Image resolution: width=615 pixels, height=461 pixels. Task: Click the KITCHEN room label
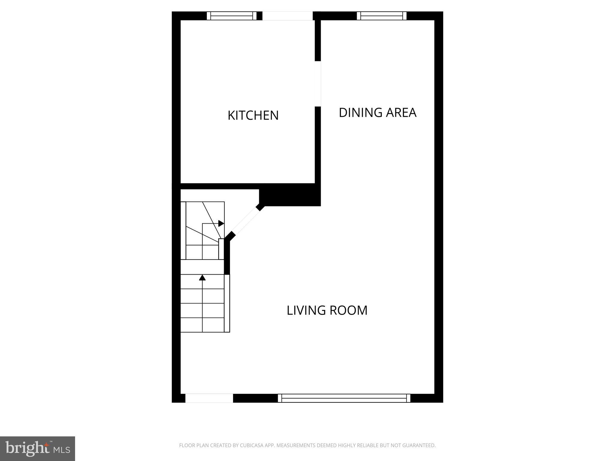tap(253, 116)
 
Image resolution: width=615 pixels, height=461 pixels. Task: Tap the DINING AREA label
tap(377, 113)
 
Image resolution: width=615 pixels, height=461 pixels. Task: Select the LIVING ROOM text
tap(327, 310)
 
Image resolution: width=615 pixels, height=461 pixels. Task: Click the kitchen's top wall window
tap(232, 16)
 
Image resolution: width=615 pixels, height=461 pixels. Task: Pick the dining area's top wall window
tap(381, 16)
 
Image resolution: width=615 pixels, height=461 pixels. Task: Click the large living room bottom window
tap(344, 398)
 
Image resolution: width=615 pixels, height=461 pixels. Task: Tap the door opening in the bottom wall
tap(209, 398)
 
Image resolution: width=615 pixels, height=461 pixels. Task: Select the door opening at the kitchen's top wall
tap(287, 16)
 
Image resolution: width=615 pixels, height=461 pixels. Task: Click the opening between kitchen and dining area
tap(318, 84)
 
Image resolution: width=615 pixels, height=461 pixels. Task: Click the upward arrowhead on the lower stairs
tap(202, 278)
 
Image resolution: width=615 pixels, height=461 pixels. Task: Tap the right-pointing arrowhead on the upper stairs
tap(221, 223)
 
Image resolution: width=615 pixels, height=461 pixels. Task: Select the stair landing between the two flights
tap(202, 267)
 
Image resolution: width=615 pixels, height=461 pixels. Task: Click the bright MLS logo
tap(37, 448)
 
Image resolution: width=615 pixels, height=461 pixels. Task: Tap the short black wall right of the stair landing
tap(227, 257)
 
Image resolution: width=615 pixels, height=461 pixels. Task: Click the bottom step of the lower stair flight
tap(202, 325)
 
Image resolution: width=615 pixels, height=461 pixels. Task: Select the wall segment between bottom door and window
tap(255, 398)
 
